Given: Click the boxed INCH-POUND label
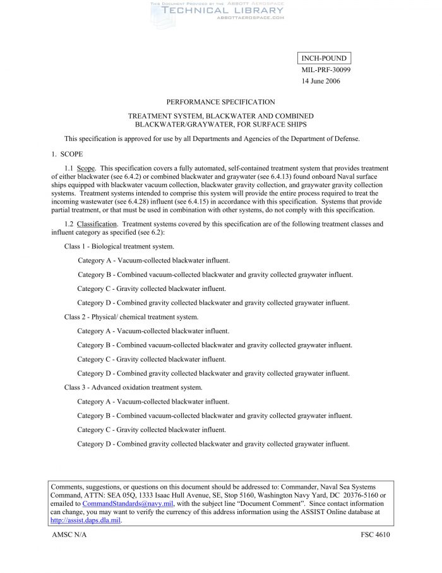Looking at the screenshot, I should [323, 59].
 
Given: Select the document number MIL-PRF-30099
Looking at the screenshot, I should [326, 70].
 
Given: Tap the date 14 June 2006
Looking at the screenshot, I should [321, 82].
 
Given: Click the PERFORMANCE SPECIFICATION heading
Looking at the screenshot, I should [220, 102].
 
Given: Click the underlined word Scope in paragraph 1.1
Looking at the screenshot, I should [86, 169].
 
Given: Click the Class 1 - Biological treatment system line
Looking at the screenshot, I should [119, 246].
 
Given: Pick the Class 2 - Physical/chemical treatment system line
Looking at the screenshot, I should [131, 317].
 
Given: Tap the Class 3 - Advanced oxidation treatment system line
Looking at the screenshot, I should [133, 387].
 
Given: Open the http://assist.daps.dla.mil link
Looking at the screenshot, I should [85, 521].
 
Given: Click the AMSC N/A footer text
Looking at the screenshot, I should [69, 535].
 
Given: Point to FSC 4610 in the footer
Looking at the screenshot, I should [371, 535].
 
